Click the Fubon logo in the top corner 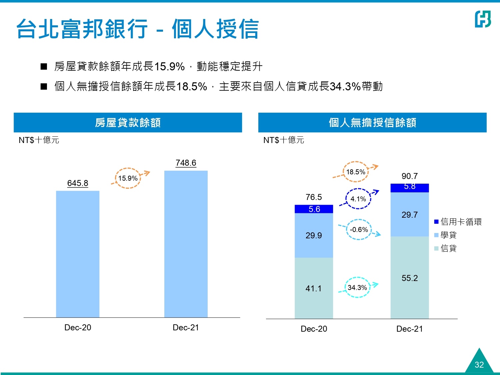click(x=483, y=19)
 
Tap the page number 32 click(x=479, y=365)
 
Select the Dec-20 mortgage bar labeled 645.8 click(x=78, y=254)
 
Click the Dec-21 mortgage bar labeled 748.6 click(x=186, y=244)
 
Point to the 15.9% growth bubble click(x=128, y=178)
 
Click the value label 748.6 click(x=186, y=163)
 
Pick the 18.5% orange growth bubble click(x=356, y=172)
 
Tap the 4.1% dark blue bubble click(x=358, y=199)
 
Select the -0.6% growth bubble click(x=359, y=230)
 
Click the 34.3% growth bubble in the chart click(x=357, y=287)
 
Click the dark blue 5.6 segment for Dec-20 click(x=314, y=209)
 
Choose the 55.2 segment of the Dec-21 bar click(x=410, y=278)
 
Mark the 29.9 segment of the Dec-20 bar click(x=314, y=235)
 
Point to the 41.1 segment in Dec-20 click(x=314, y=288)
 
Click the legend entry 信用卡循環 click(x=458, y=222)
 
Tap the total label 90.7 click(x=410, y=176)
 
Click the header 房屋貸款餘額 click(x=128, y=123)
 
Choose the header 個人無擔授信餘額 click(x=372, y=123)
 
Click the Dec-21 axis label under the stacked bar click(x=410, y=329)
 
